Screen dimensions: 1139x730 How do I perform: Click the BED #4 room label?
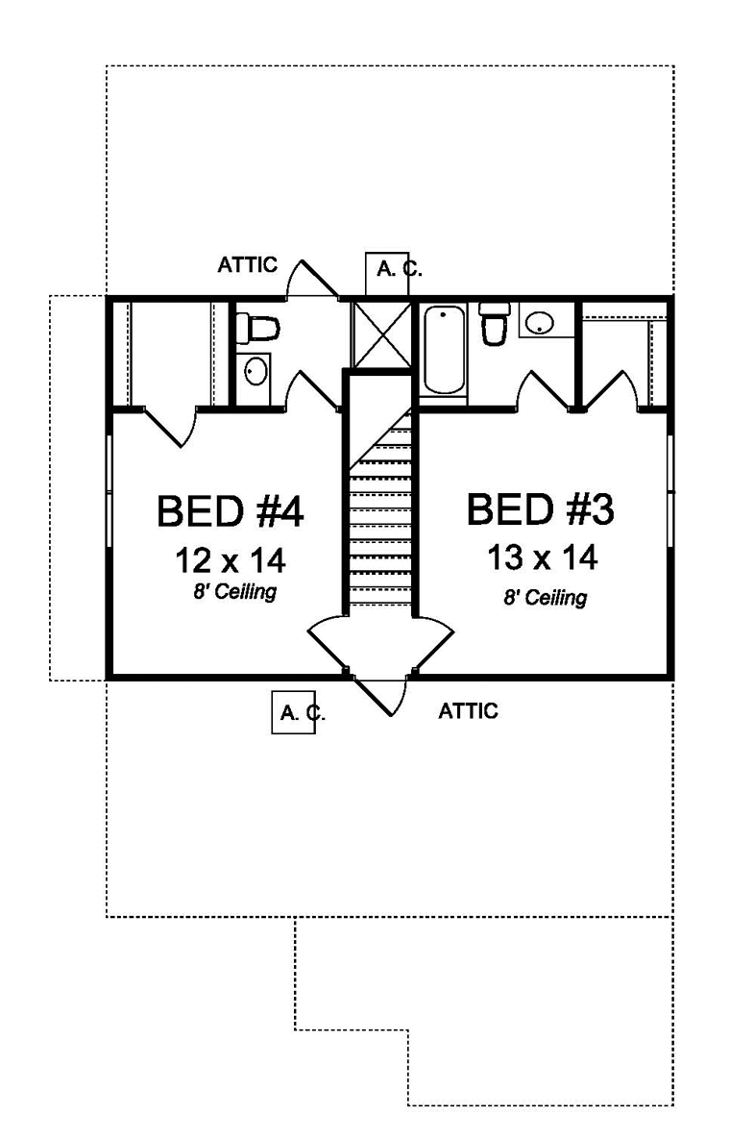[230, 511]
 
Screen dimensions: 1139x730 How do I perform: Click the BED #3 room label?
[539, 509]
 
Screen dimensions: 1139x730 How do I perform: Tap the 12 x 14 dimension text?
[231, 559]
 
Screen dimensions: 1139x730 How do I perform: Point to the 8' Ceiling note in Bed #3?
[545, 597]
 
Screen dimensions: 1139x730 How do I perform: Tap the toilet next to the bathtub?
[495, 324]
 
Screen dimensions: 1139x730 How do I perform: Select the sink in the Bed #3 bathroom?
[541, 322]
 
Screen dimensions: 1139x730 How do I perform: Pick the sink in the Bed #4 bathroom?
[255, 370]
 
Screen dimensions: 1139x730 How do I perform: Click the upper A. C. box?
[394, 274]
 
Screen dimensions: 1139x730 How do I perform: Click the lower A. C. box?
[295, 712]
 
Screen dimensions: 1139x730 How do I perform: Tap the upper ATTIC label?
[247, 264]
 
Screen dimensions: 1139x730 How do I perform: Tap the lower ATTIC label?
[468, 711]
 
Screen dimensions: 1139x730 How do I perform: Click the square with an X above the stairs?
[379, 335]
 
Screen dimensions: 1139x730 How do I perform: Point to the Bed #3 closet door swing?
[612, 392]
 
